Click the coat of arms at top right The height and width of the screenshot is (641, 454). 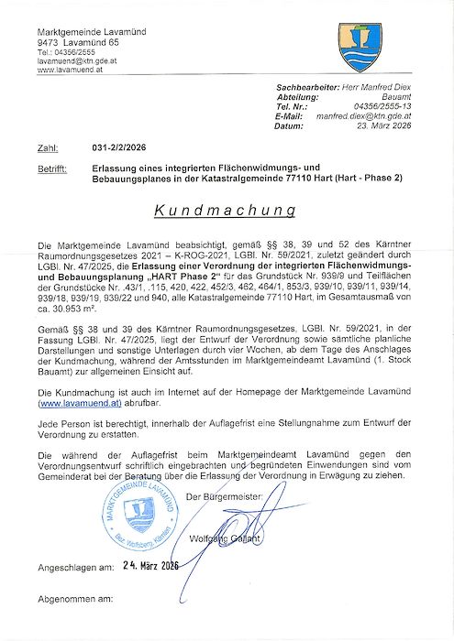pyautogui.click(x=360, y=48)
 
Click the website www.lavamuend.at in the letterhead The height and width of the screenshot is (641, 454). pyautogui.click(x=70, y=70)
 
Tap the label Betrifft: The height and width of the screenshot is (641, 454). pyautogui.click(x=52, y=168)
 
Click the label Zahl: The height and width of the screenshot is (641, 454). pyautogui.click(x=48, y=147)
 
